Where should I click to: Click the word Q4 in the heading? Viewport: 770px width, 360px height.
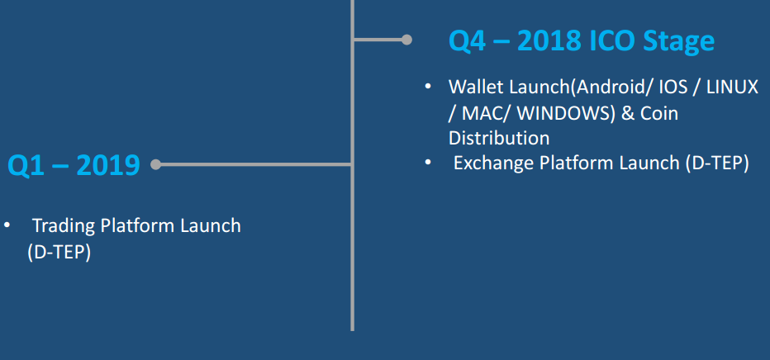coord(467,41)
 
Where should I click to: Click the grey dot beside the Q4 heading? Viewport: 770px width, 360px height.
coord(406,40)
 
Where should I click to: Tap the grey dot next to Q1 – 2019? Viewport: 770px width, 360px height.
coord(155,164)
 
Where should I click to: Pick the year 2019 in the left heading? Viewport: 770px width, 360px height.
coord(108,165)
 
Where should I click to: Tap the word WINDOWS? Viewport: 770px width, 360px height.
coord(566,113)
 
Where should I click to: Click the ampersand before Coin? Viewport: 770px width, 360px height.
coord(628,113)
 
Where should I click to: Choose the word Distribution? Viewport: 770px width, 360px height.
coord(499,139)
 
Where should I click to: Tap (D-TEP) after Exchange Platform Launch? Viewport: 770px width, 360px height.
coord(716,163)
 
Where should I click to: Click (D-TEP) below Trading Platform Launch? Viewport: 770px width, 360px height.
coord(59,252)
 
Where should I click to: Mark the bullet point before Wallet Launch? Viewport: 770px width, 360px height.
coord(428,87)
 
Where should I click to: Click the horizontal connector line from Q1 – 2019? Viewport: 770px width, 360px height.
coord(254,164)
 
